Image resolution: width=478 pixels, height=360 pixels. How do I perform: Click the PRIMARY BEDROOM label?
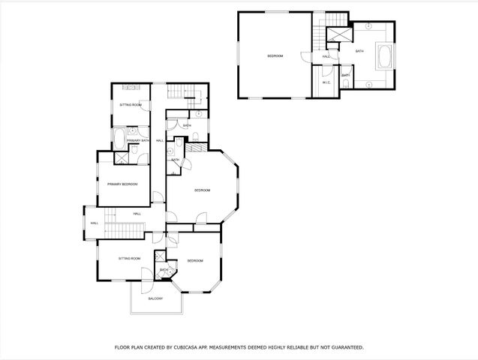click(122, 184)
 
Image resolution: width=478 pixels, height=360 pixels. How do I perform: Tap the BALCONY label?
click(155, 298)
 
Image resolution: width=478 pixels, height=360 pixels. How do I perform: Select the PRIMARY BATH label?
click(138, 141)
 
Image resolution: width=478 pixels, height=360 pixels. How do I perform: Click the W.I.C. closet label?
click(326, 82)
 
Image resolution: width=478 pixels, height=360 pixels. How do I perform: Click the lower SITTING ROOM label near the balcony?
click(129, 258)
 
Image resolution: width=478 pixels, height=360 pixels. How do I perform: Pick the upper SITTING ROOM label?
click(131, 105)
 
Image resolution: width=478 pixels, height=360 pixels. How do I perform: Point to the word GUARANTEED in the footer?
click(344, 347)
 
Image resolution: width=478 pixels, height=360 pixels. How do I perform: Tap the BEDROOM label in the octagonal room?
click(203, 190)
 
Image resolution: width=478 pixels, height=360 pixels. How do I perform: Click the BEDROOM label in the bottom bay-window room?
click(195, 260)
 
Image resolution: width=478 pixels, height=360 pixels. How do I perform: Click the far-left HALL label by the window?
click(95, 223)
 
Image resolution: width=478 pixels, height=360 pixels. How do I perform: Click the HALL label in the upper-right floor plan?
click(326, 56)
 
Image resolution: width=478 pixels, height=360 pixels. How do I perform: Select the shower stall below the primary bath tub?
click(121, 157)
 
